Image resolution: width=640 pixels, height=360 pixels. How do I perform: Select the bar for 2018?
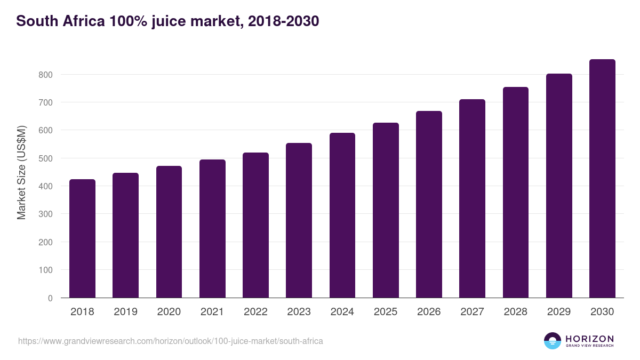click(82, 238)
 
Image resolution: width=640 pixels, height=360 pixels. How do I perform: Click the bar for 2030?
click(602, 179)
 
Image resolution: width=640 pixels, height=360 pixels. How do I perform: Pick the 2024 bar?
click(342, 215)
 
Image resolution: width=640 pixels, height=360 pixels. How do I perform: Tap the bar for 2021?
click(212, 229)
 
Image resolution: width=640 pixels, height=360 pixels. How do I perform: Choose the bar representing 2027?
click(472, 198)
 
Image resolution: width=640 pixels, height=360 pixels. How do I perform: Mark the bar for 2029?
click(559, 186)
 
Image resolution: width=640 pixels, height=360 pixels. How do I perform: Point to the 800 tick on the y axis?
click(45, 75)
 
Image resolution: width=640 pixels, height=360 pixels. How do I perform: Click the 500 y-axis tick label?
click(45, 158)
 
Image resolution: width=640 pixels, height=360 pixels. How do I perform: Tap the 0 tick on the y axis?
click(50, 298)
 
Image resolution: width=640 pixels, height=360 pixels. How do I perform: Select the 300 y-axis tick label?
click(45, 214)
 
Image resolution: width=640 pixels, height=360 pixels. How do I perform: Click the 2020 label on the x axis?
click(169, 312)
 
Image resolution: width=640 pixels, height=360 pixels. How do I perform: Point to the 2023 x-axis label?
click(299, 312)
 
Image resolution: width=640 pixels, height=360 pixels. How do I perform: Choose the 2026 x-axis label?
click(429, 312)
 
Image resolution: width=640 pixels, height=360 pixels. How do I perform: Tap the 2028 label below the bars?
click(515, 312)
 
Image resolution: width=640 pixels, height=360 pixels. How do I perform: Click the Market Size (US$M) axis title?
click(22, 173)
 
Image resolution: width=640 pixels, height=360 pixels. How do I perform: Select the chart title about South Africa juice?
click(167, 21)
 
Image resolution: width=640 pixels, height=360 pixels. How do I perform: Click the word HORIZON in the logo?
click(589, 339)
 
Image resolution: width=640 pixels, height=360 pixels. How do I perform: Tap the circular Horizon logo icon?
click(553, 341)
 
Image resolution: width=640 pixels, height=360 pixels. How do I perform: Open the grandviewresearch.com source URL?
click(171, 341)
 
